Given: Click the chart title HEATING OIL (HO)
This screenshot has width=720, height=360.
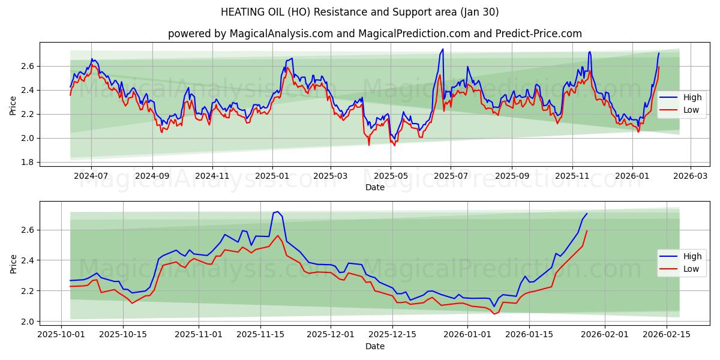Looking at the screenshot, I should tap(359, 12).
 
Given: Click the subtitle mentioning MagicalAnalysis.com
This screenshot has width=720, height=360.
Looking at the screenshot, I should tap(374, 34).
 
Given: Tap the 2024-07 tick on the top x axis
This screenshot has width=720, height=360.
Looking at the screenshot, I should tap(91, 176).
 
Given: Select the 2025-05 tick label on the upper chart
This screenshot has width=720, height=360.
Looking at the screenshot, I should tap(391, 176).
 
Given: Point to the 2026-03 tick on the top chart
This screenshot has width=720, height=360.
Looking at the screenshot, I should tap(690, 176).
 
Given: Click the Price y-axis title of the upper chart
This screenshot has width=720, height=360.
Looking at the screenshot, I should tap(13, 105).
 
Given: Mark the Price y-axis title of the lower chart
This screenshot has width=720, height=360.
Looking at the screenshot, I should tap(13, 263).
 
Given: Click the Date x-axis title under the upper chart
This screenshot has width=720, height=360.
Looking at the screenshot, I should tap(375, 187).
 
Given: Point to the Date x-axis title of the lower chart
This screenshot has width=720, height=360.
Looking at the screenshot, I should tap(375, 346).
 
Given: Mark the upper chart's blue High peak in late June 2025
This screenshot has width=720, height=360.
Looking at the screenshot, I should tap(443, 49).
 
